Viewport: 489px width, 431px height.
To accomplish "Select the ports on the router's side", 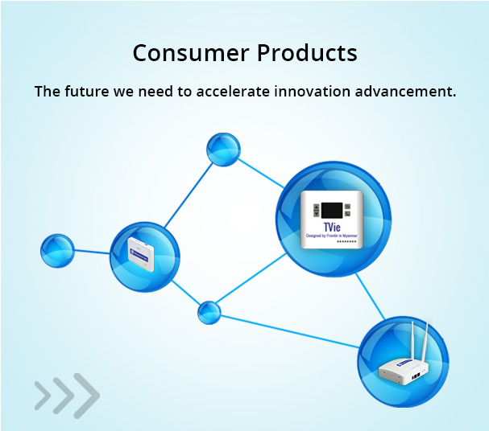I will point(416,374).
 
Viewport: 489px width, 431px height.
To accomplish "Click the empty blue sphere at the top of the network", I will point(223,150).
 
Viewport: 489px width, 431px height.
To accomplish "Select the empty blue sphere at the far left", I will point(57,251).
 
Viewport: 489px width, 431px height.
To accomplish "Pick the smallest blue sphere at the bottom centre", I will point(209,312).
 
